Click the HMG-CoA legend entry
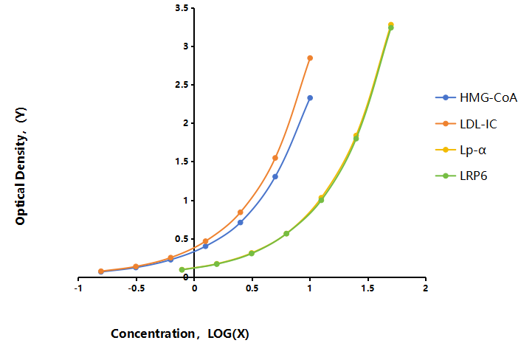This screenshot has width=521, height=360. click(476, 97)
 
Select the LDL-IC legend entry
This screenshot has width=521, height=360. click(466, 124)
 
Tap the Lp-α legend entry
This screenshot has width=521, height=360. click(460, 150)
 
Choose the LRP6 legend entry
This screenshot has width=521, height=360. click(461, 176)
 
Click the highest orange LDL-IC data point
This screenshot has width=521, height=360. click(310, 58)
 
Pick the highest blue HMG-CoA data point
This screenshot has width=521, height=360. click(310, 98)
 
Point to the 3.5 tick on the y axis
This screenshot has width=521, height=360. click(182, 8)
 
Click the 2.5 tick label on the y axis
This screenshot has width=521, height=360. click(182, 85)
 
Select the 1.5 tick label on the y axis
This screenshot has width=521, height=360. click(182, 162)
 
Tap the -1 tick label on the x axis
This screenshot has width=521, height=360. click(78, 288)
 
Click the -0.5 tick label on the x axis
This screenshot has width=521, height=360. click(137, 288)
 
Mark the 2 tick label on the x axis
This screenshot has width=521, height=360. click(426, 288)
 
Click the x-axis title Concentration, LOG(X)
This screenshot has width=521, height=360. click(180, 333)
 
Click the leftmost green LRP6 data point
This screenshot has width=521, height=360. click(182, 270)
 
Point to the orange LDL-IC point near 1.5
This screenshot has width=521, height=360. click(275, 158)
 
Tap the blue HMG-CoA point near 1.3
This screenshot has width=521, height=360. click(275, 176)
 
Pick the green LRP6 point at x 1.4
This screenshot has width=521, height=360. click(356, 139)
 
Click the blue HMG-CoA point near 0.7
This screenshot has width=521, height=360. click(241, 223)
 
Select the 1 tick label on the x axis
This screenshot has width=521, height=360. click(310, 288)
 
